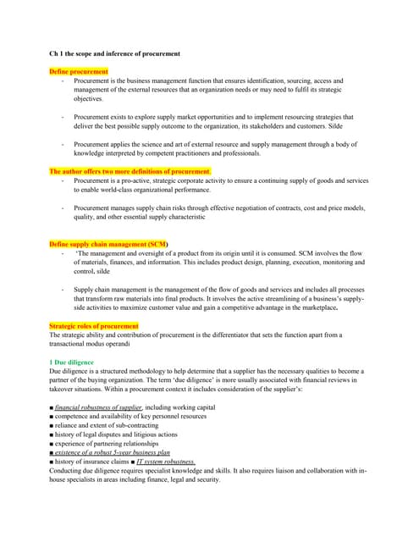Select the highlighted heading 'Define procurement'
click(x=79, y=71)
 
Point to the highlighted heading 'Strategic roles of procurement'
click(x=94, y=326)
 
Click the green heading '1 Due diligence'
click(x=77, y=362)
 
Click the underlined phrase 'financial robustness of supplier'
click(x=98, y=407)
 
